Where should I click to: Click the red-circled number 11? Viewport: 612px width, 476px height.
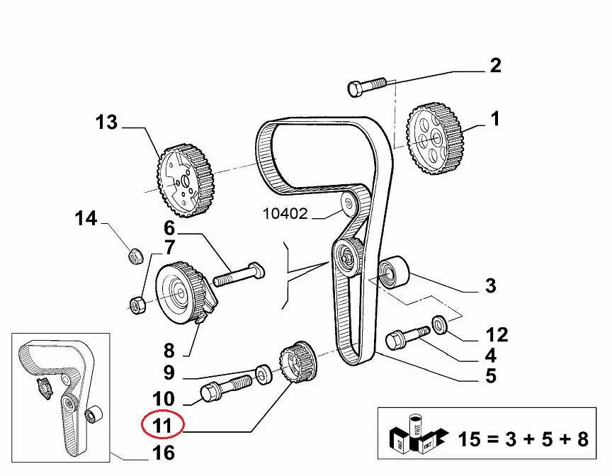pos(162,426)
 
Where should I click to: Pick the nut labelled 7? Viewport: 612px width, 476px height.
pos(137,305)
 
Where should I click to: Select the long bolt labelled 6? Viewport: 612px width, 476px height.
pos(238,274)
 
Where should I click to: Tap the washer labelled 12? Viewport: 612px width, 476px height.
pos(439,325)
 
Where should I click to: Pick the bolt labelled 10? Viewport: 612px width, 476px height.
pos(226,390)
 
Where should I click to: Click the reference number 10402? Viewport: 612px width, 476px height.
pos(285,212)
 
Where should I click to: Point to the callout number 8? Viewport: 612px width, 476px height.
pos(169,351)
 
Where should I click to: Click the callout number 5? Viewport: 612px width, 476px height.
pos(491,375)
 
